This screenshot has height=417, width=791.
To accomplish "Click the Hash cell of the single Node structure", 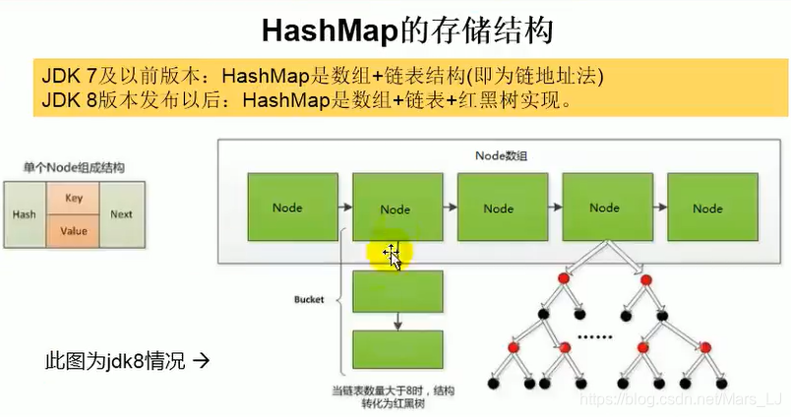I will click(x=24, y=214).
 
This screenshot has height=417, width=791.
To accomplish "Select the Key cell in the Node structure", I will click(x=74, y=198).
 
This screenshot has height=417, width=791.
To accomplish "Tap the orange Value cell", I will click(x=74, y=231).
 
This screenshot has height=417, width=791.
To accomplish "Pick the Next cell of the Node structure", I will click(x=121, y=214).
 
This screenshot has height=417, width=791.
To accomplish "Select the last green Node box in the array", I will click(x=707, y=208).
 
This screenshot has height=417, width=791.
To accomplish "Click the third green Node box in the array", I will click(x=499, y=208).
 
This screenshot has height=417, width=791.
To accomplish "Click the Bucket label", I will click(x=309, y=299).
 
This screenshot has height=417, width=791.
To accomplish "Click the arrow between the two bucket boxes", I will click(x=396, y=321).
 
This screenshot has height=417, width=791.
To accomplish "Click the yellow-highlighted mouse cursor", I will click(x=391, y=256).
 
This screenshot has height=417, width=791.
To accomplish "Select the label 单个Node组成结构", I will click(x=75, y=168).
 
